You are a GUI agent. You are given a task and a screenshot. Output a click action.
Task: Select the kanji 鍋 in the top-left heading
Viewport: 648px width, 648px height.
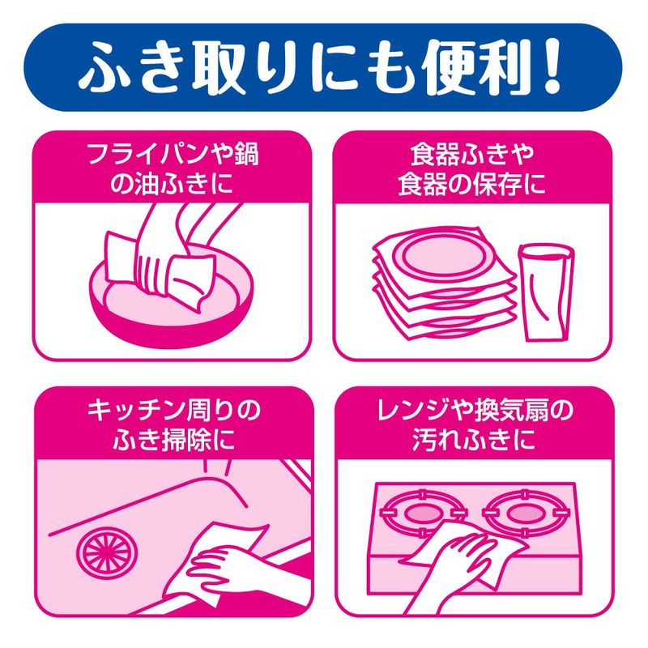coord(246,154)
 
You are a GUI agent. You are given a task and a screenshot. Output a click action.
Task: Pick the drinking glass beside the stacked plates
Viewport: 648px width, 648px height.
coord(546,292)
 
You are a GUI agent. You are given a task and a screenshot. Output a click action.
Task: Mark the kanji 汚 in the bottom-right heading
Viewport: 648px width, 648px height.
coord(424,439)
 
